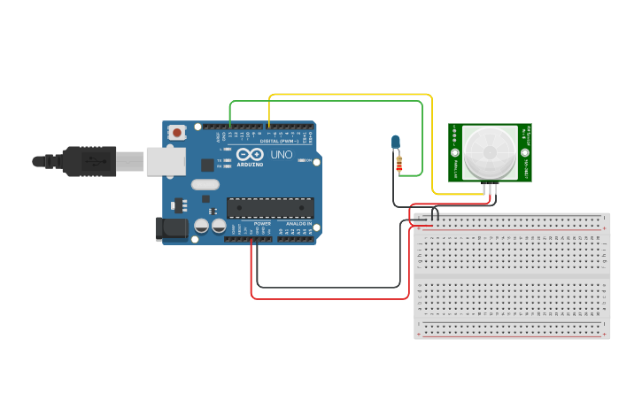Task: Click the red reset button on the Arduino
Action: click(x=177, y=133)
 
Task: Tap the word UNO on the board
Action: click(x=281, y=155)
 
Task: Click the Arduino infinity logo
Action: click(x=250, y=154)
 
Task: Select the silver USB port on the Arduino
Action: click(x=166, y=161)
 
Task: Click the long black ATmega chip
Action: click(x=270, y=208)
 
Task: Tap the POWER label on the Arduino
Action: click(x=262, y=224)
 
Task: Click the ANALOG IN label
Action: click(x=298, y=224)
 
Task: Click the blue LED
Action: click(x=396, y=142)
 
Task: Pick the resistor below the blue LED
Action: click(x=399, y=164)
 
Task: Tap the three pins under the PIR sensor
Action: click(x=490, y=188)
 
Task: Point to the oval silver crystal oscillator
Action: click(x=204, y=185)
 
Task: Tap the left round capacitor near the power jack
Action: click(x=202, y=227)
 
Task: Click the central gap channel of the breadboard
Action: click(x=512, y=276)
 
